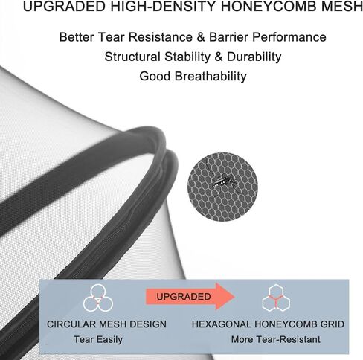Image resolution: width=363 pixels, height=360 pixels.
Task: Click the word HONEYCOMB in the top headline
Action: click(x=269, y=6)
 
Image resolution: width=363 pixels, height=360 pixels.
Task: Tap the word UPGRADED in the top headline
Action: click(x=64, y=6)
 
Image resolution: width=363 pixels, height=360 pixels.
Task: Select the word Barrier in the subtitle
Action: click(x=228, y=37)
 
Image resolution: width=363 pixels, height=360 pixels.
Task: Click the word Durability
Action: click(x=254, y=57)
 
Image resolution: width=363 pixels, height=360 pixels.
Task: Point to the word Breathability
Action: click(x=211, y=76)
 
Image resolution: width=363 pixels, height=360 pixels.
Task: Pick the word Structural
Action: click(x=132, y=57)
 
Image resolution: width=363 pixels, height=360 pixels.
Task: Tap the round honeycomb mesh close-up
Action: click(x=222, y=187)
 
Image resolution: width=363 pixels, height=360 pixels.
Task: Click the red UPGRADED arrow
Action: click(x=190, y=296)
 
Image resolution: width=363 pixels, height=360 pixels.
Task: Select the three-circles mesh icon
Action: click(x=98, y=298)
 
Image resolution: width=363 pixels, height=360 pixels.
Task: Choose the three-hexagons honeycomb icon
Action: click(x=276, y=298)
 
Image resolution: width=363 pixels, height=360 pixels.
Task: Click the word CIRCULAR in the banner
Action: click(x=71, y=324)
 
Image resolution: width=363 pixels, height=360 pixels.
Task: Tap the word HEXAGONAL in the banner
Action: click(x=222, y=324)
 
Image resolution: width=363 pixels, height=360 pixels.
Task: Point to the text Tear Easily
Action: click(x=98, y=339)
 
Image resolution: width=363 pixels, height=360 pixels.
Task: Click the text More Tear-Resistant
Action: click(x=276, y=339)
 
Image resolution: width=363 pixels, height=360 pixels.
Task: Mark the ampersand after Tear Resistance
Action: click(x=201, y=37)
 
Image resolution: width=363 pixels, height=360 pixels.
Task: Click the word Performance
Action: click(x=289, y=37)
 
